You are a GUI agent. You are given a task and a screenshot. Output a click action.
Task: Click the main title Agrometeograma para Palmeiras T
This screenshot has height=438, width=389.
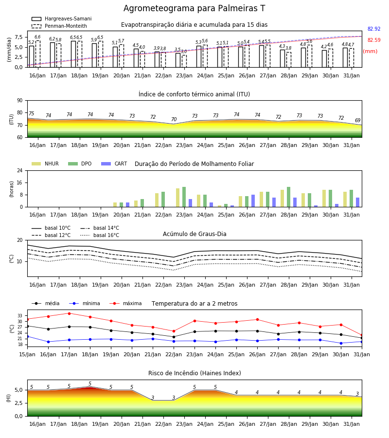194,8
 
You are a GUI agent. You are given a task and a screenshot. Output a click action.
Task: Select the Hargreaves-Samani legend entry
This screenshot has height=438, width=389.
61,18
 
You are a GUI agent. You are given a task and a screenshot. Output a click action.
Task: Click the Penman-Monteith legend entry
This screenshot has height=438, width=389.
59,26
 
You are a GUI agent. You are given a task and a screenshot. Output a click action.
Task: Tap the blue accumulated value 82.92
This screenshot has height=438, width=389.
374,29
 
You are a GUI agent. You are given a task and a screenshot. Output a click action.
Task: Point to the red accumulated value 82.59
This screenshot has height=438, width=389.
374,40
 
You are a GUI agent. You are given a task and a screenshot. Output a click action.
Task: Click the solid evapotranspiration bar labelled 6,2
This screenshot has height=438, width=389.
53,55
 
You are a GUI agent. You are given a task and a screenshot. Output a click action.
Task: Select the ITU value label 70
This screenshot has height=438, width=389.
174,119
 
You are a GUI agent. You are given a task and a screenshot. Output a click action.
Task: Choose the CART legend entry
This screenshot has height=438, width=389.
114,164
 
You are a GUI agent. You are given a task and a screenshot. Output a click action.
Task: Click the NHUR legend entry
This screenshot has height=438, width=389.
45,164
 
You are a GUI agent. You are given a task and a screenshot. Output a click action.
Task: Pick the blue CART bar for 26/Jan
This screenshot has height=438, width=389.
253,201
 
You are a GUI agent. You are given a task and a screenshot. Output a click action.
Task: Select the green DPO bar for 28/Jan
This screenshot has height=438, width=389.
288,197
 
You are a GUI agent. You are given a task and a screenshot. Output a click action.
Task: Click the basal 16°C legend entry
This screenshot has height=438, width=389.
100,235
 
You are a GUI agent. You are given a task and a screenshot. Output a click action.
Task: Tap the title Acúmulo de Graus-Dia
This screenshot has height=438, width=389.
194,234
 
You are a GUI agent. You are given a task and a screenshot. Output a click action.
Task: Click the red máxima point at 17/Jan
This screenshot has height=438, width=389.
69,313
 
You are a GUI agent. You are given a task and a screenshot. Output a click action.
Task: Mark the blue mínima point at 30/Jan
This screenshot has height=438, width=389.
341,343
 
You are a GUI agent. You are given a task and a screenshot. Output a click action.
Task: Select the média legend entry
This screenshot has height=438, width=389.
46,303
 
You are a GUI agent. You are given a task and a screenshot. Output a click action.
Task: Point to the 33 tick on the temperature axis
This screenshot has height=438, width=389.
20,316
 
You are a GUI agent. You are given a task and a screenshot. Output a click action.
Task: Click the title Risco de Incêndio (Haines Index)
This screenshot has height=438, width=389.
194,373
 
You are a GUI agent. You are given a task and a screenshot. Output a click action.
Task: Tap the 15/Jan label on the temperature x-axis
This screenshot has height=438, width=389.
27,354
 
